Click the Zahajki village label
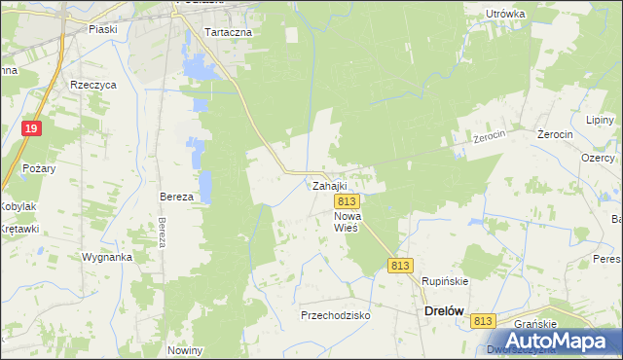pyautogui.click(x=328, y=185)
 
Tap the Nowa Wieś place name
pyautogui.click(x=347, y=221)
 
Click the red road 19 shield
pyautogui.click(x=32, y=128)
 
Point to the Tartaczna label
pyautogui.click(x=229, y=32)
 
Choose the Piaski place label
pyautogui.click(x=102, y=29)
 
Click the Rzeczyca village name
pyautogui.click(x=93, y=85)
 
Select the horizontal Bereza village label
pyautogui.click(x=177, y=197)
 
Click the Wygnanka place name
pyautogui.click(x=107, y=258)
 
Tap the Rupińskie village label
pyautogui.click(x=445, y=281)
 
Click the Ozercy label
pyautogui.click(x=597, y=158)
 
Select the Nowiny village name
pyautogui.click(x=184, y=350)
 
